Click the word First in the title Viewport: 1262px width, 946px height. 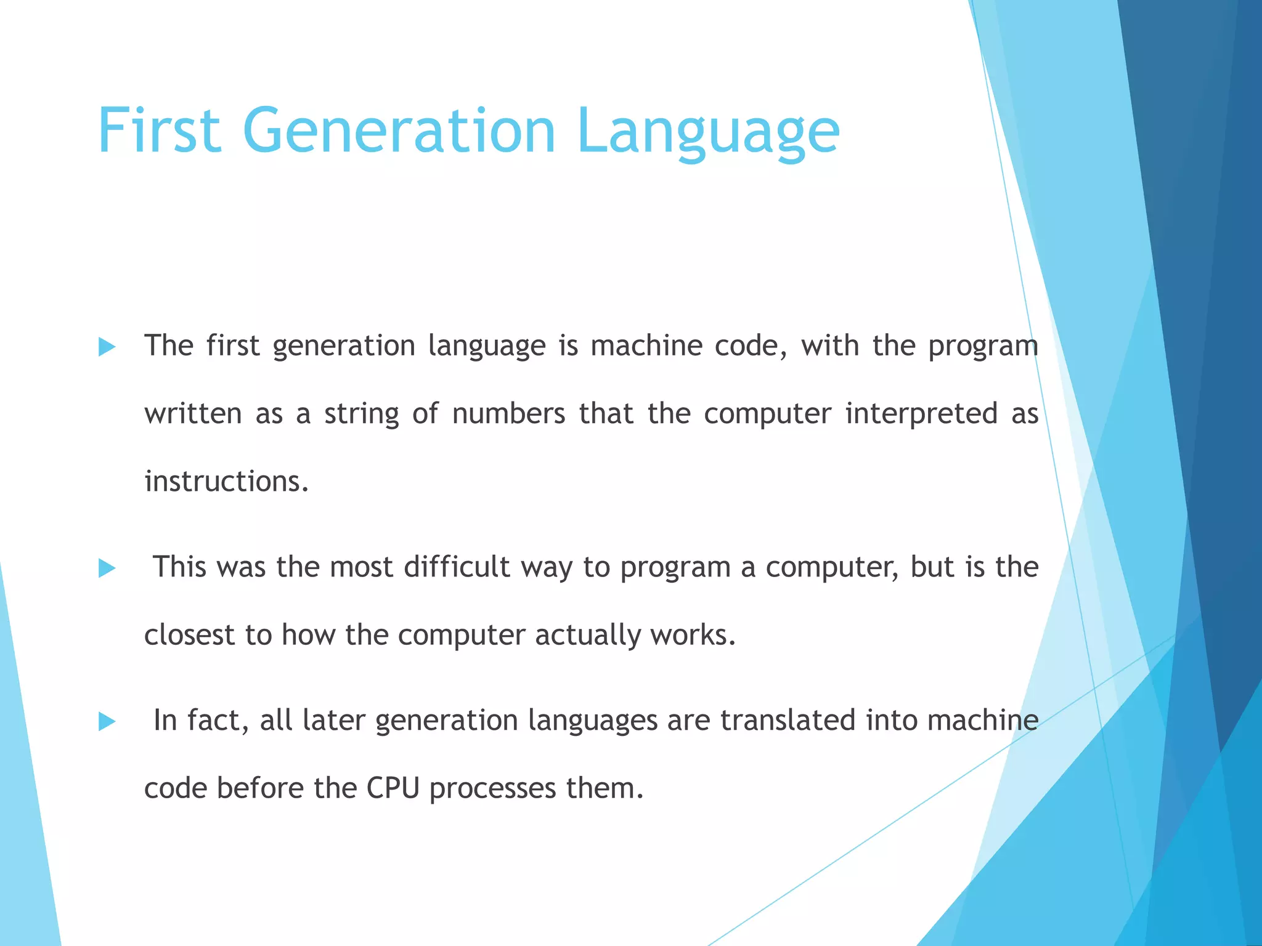tap(159, 131)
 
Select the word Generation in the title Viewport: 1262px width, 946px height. tap(399, 131)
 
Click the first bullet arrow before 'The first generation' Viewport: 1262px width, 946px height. tap(107, 347)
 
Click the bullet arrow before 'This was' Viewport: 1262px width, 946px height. tap(107, 568)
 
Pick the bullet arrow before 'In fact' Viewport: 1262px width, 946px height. tap(107, 721)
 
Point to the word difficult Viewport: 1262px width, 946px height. tap(457, 567)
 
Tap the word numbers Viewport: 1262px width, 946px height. tap(508, 413)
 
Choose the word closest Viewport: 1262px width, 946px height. tap(189, 634)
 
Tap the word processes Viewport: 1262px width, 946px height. tap(492, 789)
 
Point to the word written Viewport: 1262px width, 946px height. tap(193, 413)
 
